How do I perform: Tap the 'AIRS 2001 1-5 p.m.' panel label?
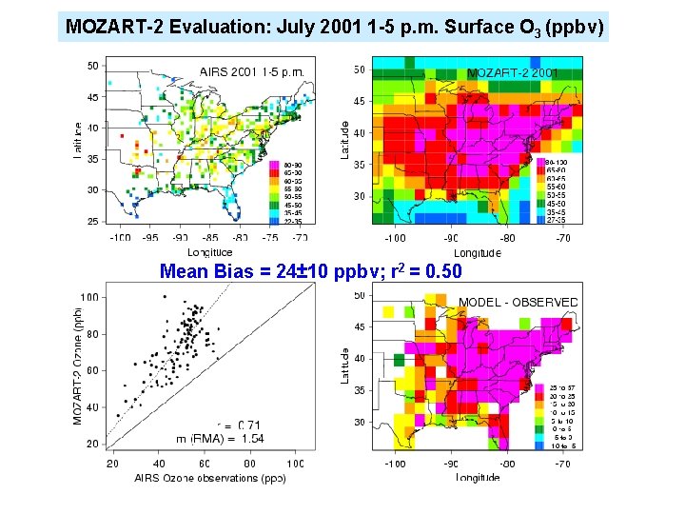[251, 71]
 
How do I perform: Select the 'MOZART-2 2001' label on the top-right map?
[512, 72]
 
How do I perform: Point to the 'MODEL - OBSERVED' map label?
[518, 302]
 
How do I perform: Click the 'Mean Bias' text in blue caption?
[204, 272]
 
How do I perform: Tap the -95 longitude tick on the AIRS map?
[150, 237]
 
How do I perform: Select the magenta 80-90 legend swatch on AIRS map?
[273, 164]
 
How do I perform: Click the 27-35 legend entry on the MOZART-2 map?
[557, 219]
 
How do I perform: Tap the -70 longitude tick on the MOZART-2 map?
[564, 239]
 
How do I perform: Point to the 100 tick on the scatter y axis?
[88, 298]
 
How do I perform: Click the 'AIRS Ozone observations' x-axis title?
[195, 477]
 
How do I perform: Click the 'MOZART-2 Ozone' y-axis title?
[78, 366]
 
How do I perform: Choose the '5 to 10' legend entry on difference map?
[562, 421]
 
